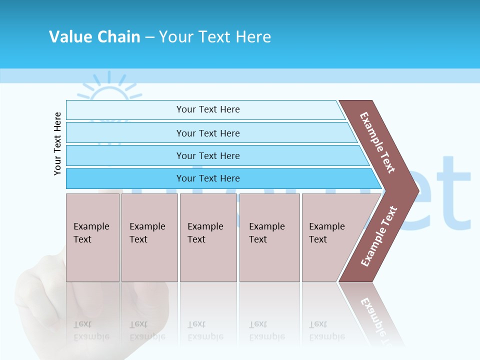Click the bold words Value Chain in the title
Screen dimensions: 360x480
pyautogui.click(x=94, y=37)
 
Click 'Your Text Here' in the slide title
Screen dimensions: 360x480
pyautogui.click(x=215, y=37)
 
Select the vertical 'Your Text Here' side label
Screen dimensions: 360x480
pyautogui.click(x=57, y=143)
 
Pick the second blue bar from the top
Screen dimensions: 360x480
pyautogui.click(x=208, y=133)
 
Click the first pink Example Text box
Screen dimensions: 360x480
pyautogui.click(x=92, y=237)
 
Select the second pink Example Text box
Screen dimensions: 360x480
pyautogui.click(x=149, y=237)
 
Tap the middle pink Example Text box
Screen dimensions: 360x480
pyautogui.click(x=208, y=237)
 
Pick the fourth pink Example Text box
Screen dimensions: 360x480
pyautogui.click(x=269, y=237)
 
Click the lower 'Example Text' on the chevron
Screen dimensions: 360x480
pyautogui.click(x=379, y=236)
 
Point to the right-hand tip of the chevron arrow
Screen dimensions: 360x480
pyautogui.click(x=417, y=190)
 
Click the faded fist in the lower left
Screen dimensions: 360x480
pyautogui.click(x=45, y=300)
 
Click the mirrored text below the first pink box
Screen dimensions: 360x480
pyautogui.click(x=91, y=330)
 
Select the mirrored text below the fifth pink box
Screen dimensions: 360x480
pyautogui.click(x=326, y=330)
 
